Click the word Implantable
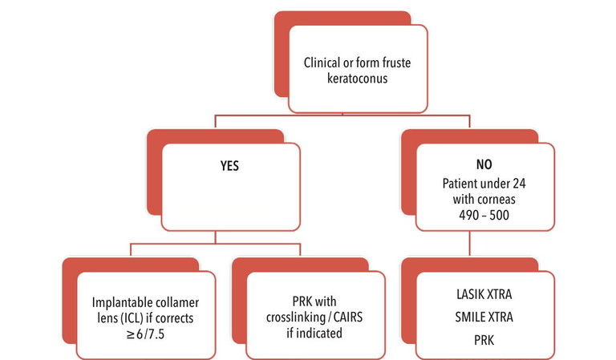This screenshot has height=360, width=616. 120,304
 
